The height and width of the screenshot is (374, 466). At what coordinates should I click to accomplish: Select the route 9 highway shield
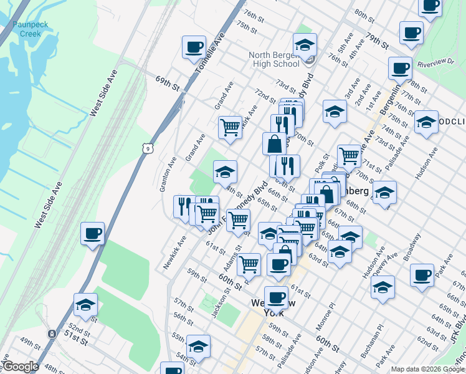coord(147,148)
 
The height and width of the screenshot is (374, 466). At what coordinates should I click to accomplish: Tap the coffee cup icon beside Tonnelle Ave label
coord(194,47)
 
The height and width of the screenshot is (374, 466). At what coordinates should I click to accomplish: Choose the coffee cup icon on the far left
coord(92,233)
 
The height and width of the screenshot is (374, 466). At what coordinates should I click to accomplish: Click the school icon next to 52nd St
coord(85,304)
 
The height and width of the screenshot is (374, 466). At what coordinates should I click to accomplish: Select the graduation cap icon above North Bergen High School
coord(305,45)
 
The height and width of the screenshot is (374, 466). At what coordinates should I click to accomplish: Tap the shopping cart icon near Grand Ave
coord(230,127)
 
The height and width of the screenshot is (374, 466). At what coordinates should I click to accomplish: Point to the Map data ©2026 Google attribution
coord(427,369)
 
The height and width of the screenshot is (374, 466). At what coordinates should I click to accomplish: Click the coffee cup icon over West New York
coord(276,297)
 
